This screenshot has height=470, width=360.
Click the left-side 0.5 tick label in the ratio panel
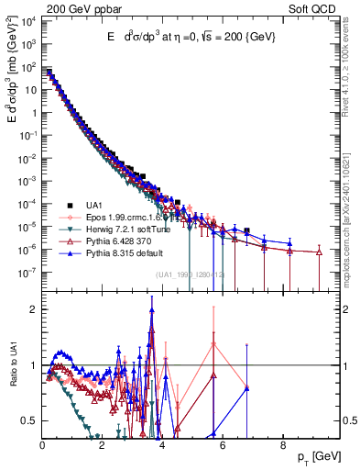[28, 421]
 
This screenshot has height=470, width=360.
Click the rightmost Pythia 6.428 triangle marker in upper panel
[319, 252]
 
